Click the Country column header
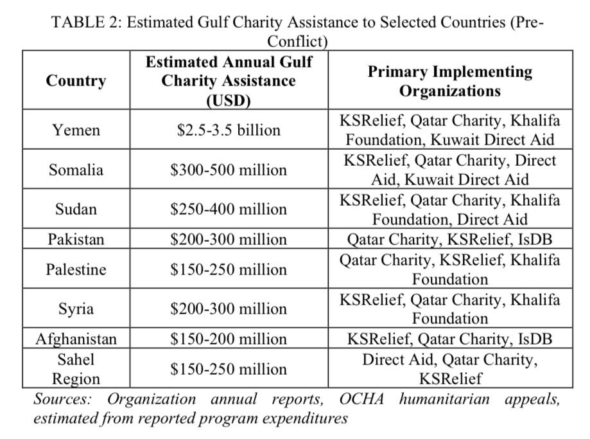click(x=76, y=81)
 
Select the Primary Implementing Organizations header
click(x=449, y=81)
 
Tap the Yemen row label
click(x=76, y=130)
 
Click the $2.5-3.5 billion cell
click(x=229, y=130)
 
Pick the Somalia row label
click(x=76, y=170)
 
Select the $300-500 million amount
click(x=229, y=170)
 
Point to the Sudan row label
click(x=76, y=209)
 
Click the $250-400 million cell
click(x=229, y=209)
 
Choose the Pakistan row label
click(x=76, y=239)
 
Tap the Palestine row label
click(x=76, y=269)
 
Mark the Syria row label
click(x=76, y=309)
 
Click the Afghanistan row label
click(x=76, y=339)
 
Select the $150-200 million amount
click(x=229, y=339)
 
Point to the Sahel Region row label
click(x=76, y=369)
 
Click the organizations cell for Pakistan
click(x=449, y=239)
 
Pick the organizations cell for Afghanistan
click(x=449, y=339)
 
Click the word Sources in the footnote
click(x=62, y=400)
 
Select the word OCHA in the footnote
click(x=361, y=400)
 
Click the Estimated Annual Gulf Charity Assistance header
click(x=229, y=81)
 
